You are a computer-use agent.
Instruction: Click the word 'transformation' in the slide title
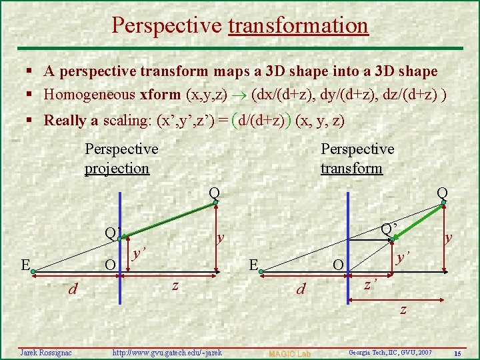click(298, 25)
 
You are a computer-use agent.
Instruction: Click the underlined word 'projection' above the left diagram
click(117, 169)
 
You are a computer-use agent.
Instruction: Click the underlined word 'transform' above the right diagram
click(351, 169)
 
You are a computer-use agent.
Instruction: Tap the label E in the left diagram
click(25, 265)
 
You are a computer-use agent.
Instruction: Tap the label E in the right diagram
click(253, 265)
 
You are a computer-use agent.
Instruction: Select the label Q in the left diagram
click(214, 193)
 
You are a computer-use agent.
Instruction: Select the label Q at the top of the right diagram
click(442, 193)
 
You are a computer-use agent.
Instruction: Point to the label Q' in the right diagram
click(389, 229)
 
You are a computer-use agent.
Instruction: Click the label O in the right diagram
click(338, 266)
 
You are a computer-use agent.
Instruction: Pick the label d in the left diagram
click(74, 289)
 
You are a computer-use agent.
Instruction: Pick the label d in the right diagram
click(301, 290)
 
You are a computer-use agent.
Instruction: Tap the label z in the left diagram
click(175, 285)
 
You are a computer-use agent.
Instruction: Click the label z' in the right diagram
click(371, 285)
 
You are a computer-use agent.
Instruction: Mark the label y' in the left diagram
click(138, 253)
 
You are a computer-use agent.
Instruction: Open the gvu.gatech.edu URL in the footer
click(167, 351)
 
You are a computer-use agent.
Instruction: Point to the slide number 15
click(458, 352)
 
